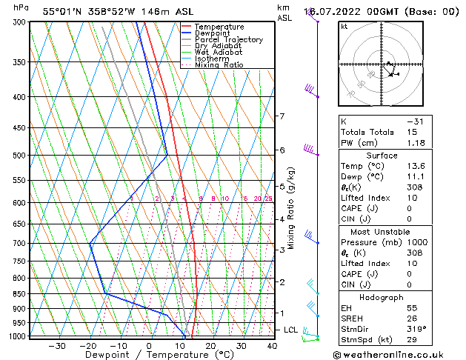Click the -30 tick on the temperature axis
click(x=56, y=346)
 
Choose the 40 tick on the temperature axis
click(x=272, y=346)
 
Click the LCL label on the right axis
click(x=291, y=330)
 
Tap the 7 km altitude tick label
click(x=282, y=116)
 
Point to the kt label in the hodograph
click(x=344, y=27)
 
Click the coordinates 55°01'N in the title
click(x=61, y=11)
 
